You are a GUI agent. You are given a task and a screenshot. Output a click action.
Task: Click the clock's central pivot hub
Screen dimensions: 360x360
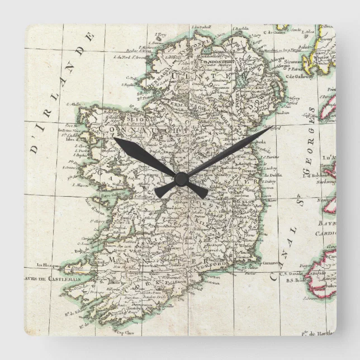click(181, 178)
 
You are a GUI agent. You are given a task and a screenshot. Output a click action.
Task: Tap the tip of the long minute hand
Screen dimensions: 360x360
click(271, 128)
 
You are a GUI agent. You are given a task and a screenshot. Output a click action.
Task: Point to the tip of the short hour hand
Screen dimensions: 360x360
click(115, 138)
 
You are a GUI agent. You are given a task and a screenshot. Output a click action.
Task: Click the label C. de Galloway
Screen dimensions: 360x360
click(298, 77)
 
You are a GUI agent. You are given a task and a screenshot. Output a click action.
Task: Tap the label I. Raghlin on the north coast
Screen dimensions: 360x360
click(240, 28)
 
